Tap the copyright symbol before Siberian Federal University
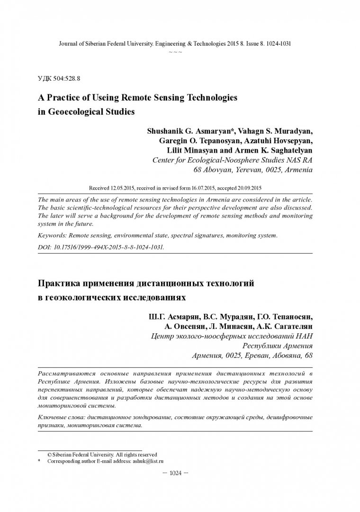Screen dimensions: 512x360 (49, 454)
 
